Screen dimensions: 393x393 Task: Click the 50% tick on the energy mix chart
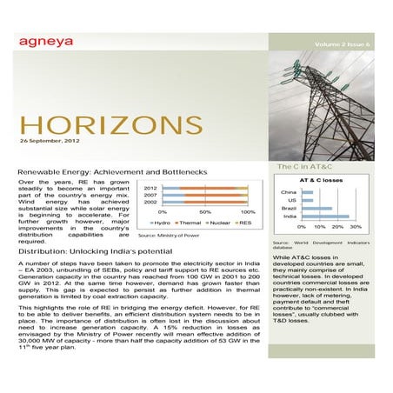(x=205, y=212)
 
